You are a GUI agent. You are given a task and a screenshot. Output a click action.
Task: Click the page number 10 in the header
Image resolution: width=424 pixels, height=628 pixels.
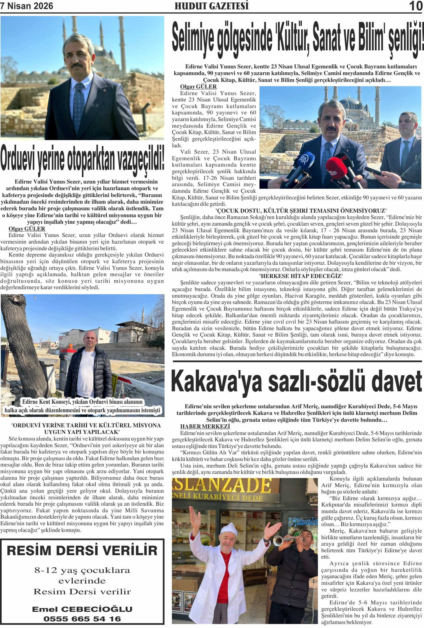tap(415, 6)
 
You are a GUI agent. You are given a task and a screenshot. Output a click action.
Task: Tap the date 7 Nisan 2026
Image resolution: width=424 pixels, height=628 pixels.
tap(27, 6)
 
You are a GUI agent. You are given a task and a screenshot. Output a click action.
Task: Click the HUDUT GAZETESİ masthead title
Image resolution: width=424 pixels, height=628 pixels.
tap(211, 6)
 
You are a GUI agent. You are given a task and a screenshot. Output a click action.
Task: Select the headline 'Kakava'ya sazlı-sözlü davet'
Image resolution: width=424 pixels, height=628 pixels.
tap(296, 382)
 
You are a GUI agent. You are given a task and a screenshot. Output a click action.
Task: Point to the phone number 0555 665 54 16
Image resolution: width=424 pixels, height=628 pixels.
tap(82, 619)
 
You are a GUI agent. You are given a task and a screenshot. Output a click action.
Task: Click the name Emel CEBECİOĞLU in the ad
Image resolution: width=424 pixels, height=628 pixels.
tap(82, 609)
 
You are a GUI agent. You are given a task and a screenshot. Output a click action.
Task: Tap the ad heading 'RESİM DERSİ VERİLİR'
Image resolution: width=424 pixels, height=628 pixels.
tap(82, 551)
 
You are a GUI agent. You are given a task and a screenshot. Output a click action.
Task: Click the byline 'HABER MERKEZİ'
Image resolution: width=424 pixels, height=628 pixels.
tap(205, 426)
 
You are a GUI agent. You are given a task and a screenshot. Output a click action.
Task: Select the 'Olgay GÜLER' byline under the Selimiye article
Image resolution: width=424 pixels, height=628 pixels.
tap(198, 86)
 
